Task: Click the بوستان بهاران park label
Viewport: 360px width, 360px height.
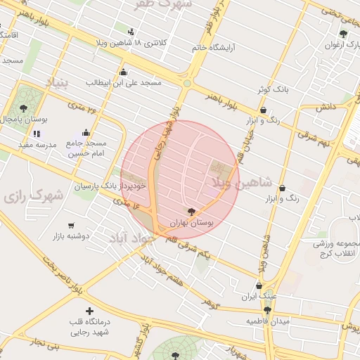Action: coord(191,223)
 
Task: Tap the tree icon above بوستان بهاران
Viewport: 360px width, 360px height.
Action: coord(191,211)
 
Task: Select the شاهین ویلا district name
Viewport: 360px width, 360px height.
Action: coord(231,183)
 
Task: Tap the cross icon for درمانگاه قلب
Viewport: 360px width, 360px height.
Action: coord(89,311)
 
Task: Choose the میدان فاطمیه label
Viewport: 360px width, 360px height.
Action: coord(267,321)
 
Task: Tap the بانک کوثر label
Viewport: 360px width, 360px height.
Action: coord(272,90)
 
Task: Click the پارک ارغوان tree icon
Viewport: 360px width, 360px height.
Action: coord(343,34)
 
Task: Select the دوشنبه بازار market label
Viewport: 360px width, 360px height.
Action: coord(70,236)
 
